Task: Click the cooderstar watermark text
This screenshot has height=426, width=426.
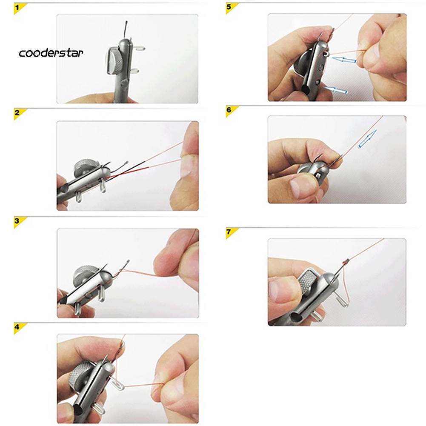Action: pyautogui.click(x=51, y=53)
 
